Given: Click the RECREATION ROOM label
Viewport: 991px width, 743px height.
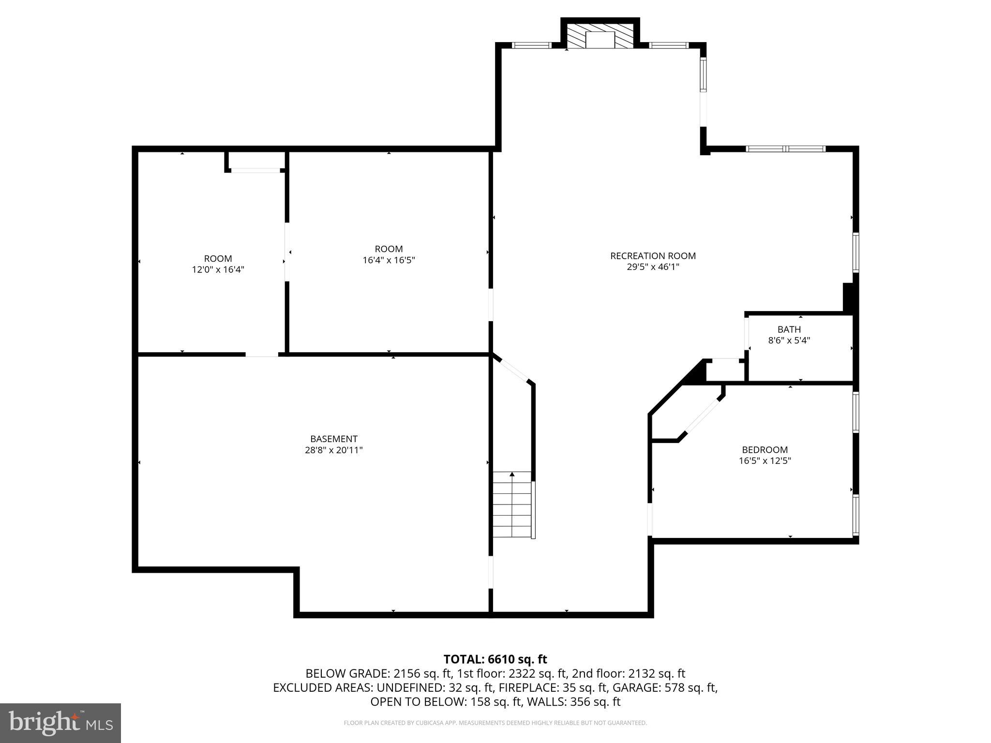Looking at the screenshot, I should click(x=653, y=256).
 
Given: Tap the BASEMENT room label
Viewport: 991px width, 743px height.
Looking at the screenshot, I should click(x=333, y=439).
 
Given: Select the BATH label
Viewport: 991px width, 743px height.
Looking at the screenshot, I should click(x=789, y=329).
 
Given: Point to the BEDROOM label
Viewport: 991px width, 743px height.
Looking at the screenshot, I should click(x=765, y=449).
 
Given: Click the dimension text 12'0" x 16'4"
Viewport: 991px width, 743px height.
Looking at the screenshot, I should click(x=218, y=269).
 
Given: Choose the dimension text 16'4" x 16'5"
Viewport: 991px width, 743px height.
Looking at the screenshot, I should click(x=389, y=260).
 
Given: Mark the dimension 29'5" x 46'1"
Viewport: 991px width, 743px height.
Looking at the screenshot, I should click(x=653, y=267).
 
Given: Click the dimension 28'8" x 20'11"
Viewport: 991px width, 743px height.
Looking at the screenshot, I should click(x=333, y=450).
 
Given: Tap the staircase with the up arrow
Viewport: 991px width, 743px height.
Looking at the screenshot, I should click(x=512, y=505).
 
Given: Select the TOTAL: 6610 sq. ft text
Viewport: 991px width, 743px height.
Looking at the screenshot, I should click(x=495, y=659).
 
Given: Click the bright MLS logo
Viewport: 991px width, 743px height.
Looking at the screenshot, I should click(x=60, y=723).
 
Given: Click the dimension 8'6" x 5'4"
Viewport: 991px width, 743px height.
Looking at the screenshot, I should click(x=789, y=341).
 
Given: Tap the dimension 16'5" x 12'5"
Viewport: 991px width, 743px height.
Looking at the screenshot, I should click(x=765, y=461).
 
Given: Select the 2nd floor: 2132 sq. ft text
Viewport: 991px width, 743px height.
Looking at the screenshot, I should click(x=628, y=673).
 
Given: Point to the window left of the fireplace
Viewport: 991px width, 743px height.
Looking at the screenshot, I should click(x=531, y=45).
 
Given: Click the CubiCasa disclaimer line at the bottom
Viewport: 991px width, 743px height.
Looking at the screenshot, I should click(x=495, y=723).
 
